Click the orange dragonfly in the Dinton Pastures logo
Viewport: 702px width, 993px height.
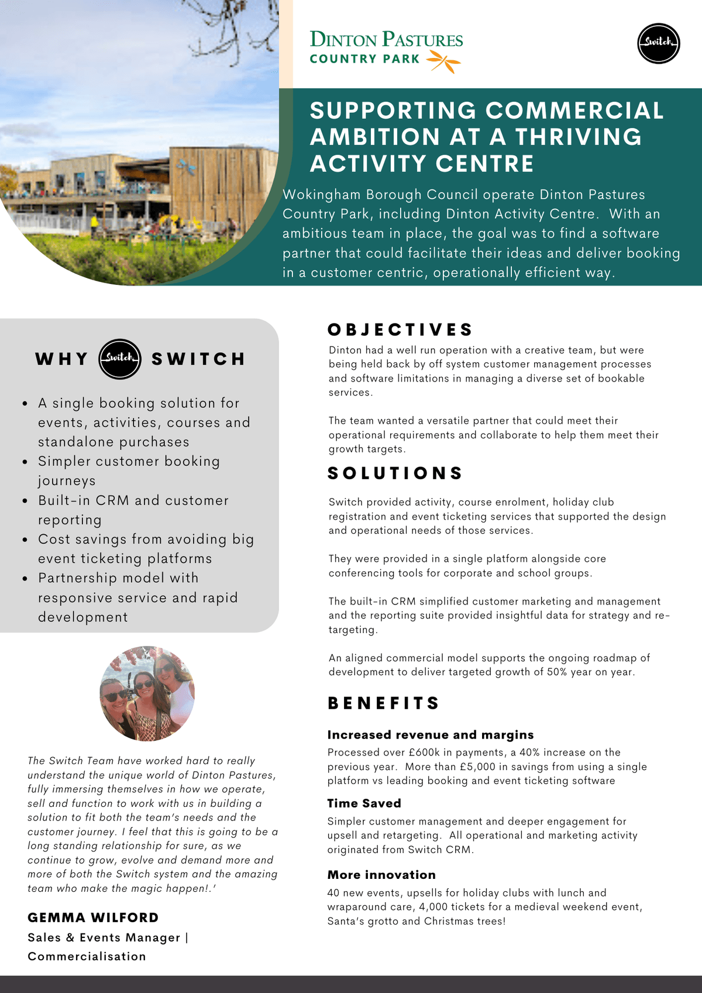pos(444,61)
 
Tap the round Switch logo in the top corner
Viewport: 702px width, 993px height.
pos(658,43)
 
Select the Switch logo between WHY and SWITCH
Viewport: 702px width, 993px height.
pos(120,359)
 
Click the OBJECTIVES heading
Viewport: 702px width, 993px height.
pos(400,330)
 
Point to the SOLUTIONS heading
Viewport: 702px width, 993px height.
pos(395,473)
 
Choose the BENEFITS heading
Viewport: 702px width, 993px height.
pos(384,703)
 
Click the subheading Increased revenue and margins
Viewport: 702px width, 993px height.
pos(431,735)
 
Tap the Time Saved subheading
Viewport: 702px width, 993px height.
pos(364,803)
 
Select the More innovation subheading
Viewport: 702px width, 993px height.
pos(381,875)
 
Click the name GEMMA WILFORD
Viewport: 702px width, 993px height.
pos(93,918)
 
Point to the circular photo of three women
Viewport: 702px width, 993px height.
pos(147,693)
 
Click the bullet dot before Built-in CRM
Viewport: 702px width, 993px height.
pos(25,501)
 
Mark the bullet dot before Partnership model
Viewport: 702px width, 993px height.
pos(25,578)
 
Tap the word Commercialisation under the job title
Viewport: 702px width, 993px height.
pos(87,956)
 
